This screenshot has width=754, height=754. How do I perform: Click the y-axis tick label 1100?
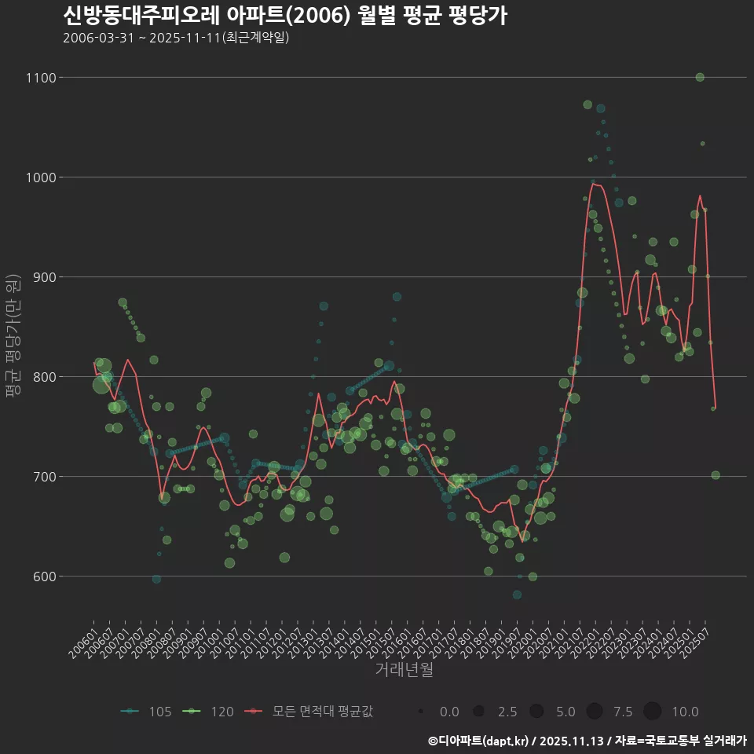(40, 78)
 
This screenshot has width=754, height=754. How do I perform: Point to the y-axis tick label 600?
(43, 576)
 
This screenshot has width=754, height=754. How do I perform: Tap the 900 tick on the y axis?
(43, 277)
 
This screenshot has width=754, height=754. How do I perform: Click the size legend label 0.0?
(449, 712)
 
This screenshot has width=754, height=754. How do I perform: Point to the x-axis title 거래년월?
(404, 670)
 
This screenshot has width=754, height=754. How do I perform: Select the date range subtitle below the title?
(176, 38)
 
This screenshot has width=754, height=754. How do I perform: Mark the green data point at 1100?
(700, 77)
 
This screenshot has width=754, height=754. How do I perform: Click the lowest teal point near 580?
(517, 595)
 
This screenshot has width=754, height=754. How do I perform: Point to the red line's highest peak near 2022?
(595, 185)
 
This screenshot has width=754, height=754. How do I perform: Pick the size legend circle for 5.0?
(536, 711)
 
